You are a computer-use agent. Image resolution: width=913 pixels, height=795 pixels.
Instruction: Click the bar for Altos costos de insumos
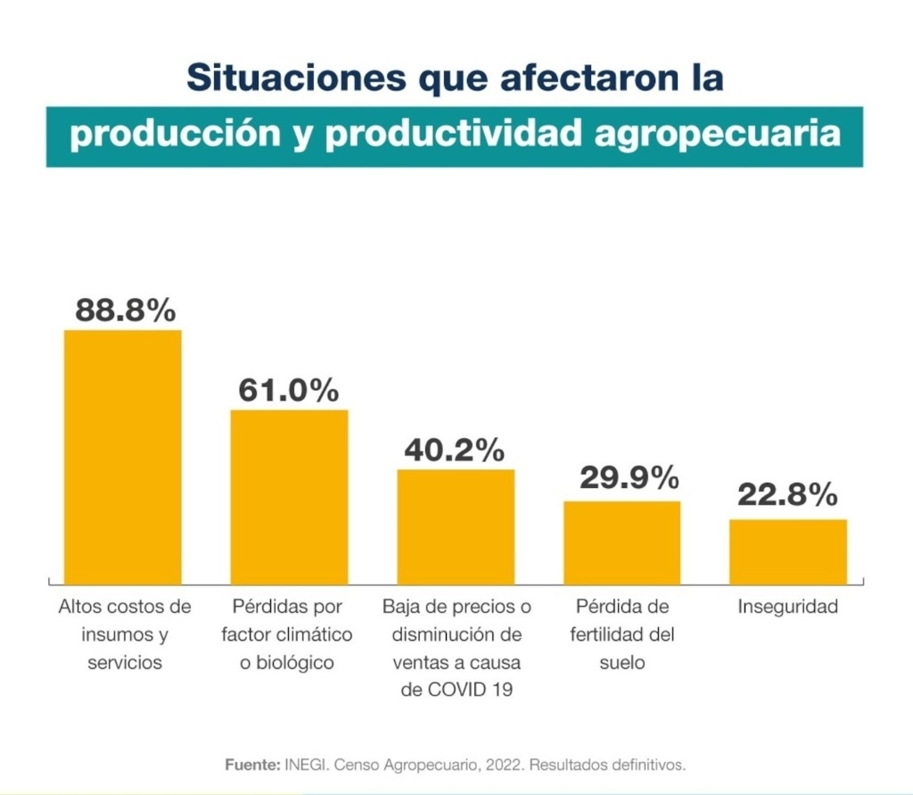[123, 457]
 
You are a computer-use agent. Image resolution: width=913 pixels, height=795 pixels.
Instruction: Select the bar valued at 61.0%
[290, 497]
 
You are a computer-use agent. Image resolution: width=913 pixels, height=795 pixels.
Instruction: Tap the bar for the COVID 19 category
[456, 526]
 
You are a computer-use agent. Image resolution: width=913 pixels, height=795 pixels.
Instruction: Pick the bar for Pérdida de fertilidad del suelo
[621, 542]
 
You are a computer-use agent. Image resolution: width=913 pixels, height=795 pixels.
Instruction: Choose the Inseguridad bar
[788, 551]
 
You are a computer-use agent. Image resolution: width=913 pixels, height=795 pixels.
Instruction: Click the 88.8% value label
[125, 310]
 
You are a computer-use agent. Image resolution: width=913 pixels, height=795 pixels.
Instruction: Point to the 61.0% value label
[289, 390]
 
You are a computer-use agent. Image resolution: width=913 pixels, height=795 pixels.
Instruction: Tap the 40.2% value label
[455, 450]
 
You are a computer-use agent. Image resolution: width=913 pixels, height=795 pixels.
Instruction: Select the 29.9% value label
[629, 478]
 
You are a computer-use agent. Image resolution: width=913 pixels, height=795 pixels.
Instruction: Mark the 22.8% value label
[788, 495]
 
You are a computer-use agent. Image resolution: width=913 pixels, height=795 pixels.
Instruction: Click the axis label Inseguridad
[788, 607]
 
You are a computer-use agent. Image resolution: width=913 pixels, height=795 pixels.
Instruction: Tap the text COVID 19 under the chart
[470, 690]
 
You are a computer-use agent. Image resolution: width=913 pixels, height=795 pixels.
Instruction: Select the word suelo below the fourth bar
[621, 662]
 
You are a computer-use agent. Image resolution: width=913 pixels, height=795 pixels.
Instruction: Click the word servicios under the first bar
[125, 662]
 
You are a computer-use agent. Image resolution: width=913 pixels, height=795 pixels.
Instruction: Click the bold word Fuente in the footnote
[253, 765]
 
